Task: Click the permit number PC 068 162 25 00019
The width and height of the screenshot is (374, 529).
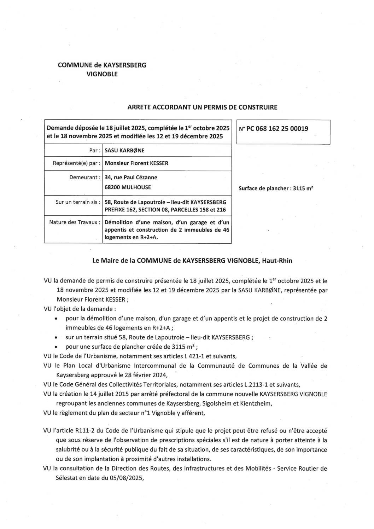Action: coord(273,129)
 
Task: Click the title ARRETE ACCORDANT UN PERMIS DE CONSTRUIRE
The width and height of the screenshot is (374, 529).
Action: coord(202,107)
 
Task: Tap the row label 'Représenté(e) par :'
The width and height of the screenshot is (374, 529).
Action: coord(76,163)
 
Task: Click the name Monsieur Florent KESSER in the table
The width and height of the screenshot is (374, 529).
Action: coord(136,163)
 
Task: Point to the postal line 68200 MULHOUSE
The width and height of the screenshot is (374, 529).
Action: coord(128,187)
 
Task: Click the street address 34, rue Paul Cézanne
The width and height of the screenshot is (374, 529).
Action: coord(131,177)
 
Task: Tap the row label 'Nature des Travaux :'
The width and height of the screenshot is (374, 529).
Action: coord(75,222)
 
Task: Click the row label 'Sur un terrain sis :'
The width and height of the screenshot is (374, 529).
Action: coord(78,202)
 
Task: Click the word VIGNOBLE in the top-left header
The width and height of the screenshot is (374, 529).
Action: coord(102,74)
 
